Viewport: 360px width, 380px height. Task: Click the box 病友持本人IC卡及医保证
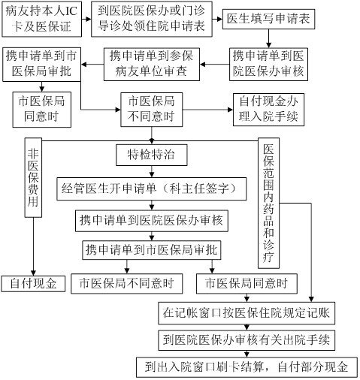click(x=42, y=19)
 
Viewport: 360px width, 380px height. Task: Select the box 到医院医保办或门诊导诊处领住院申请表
click(x=152, y=19)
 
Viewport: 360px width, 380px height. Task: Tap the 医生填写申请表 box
click(x=268, y=19)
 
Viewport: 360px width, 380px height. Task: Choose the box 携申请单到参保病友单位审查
click(x=152, y=65)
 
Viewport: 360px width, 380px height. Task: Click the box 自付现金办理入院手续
click(x=268, y=110)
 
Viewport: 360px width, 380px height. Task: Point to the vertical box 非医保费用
click(x=33, y=177)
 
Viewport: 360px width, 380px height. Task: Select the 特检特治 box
click(x=152, y=155)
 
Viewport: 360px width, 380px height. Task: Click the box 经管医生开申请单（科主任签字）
click(x=152, y=188)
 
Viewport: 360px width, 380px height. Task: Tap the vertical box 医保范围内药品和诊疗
click(x=268, y=203)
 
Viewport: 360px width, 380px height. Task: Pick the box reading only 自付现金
click(x=33, y=284)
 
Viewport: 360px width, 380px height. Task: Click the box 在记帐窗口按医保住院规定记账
click(x=247, y=313)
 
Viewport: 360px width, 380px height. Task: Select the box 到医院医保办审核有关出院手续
click(x=247, y=340)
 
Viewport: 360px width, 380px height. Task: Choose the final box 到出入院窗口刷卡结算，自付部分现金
click(x=247, y=367)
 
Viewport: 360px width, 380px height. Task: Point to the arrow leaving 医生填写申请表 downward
click(x=268, y=38)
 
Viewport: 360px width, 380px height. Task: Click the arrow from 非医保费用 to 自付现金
click(x=33, y=246)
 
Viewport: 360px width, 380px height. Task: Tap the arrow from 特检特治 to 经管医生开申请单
click(x=152, y=172)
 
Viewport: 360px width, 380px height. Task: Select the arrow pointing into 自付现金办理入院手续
click(x=207, y=110)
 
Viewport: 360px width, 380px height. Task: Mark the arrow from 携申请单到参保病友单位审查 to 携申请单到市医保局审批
click(x=92, y=65)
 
